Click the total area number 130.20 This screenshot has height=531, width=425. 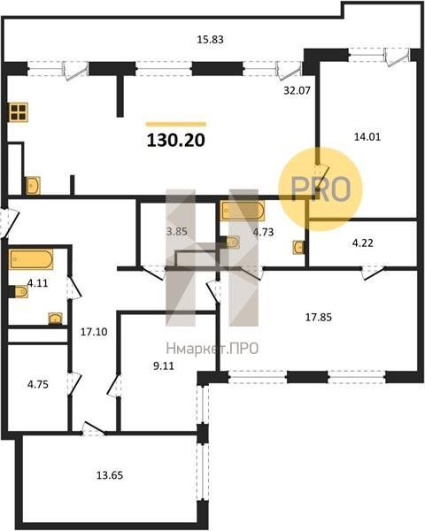click(176, 140)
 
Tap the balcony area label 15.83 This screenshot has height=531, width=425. click(210, 40)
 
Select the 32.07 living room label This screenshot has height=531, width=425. click(297, 91)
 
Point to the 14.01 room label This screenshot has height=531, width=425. click(367, 137)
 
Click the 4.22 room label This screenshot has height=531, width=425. click(363, 242)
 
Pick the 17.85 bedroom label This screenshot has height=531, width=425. click(319, 318)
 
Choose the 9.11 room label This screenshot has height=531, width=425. click(163, 366)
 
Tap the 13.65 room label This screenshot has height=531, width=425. click(110, 475)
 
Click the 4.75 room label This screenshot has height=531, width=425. click(37, 385)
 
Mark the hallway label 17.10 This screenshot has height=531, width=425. click(94, 332)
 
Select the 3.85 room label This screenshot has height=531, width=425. click(177, 232)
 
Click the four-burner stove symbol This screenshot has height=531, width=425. click(19, 112)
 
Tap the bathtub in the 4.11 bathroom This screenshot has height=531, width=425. click(31, 259)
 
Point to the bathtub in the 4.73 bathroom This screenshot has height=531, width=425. click(242, 211)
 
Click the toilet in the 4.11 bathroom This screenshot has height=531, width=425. click(20, 291)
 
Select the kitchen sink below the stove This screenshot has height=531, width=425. click(33, 186)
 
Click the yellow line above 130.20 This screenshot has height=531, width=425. click(176, 124)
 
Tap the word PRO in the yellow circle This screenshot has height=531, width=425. click(321, 189)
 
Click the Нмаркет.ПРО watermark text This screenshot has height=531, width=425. click(212, 349)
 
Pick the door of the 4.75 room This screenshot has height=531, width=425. click(74, 384)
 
